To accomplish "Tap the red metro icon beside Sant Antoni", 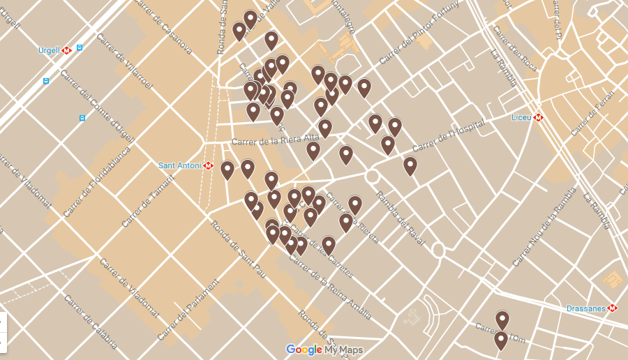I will [208, 165].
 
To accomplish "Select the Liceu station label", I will [521, 117].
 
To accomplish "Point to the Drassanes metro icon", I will [613, 308].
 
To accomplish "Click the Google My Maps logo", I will [324, 350].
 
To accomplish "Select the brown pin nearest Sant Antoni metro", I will [227, 170].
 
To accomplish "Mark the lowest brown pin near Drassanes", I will [501, 340].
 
